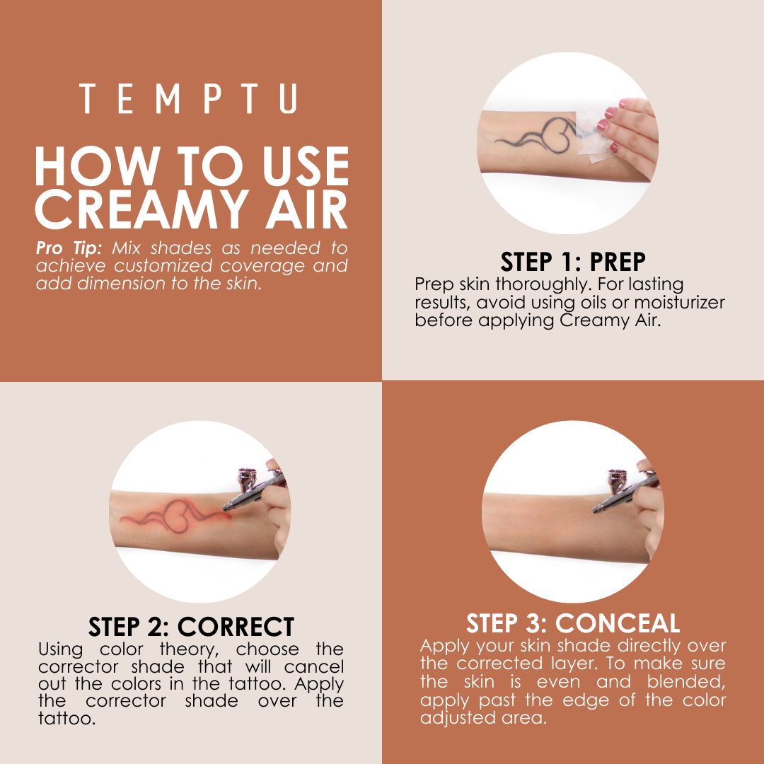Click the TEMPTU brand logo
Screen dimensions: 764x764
(188, 99)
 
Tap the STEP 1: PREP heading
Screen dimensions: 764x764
(573, 262)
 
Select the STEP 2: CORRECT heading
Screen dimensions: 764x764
(191, 627)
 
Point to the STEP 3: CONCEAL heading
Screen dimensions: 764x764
(573, 623)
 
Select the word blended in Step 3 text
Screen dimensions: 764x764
(685, 682)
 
